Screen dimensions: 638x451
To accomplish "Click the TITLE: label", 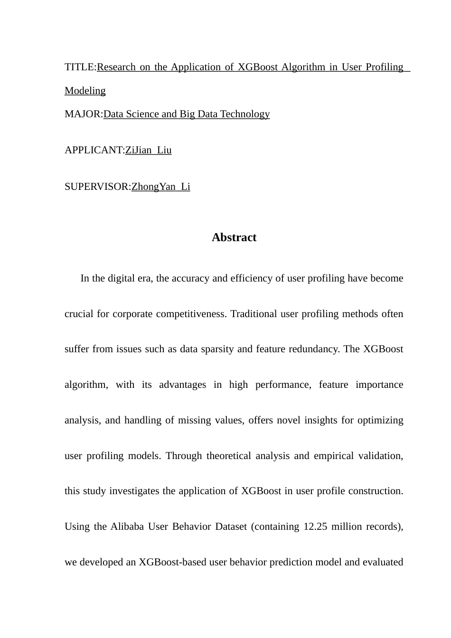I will pyautogui.click(x=80, y=67).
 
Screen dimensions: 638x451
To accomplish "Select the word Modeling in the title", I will pyautogui.click(x=85, y=91).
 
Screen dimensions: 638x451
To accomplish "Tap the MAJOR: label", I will pyautogui.click(x=84, y=114).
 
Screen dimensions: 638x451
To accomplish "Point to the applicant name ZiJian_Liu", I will pyautogui.click(x=148, y=150).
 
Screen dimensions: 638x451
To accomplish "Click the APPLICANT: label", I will pyautogui.click(x=94, y=150).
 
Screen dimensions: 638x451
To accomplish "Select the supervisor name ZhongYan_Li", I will pyautogui.click(x=160, y=187).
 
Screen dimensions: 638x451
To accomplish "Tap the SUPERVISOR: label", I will pyautogui.click(x=97, y=187).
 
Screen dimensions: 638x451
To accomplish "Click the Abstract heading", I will pyautogui.click(x=234, y=237).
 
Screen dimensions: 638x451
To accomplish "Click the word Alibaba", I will pyautogui.click(x=127, y=526).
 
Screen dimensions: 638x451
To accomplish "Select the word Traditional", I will pyautogui.click(x=253, y=314).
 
